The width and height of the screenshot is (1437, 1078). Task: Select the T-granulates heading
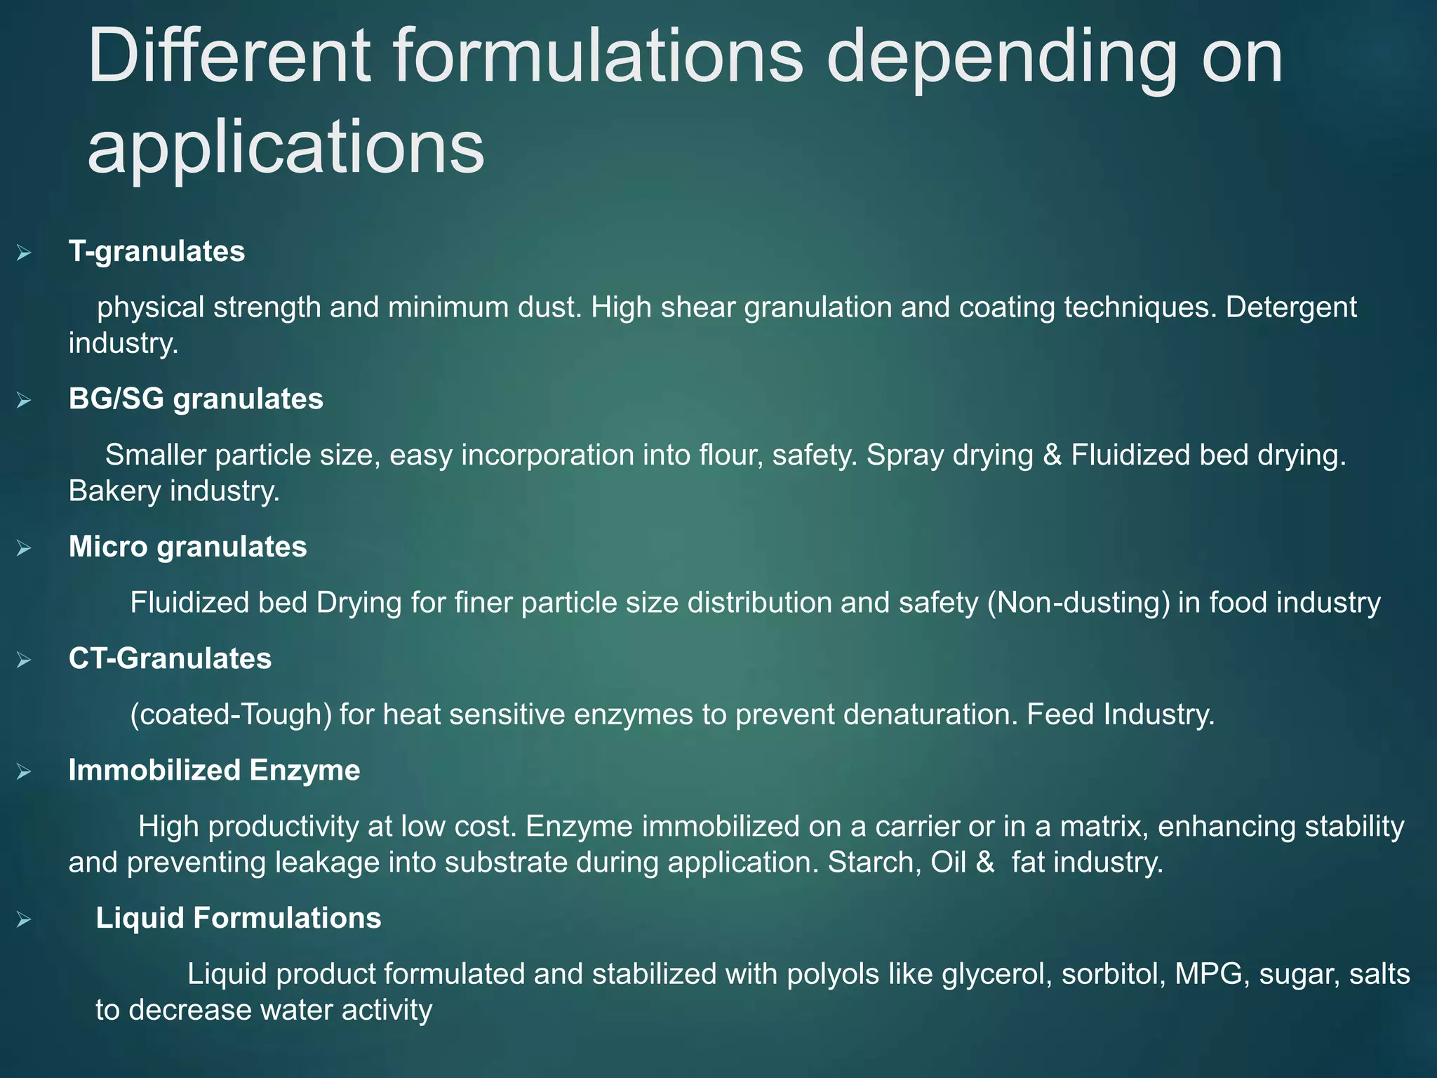click(x=156, y=251)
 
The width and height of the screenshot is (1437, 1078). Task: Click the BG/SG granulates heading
click(x=196, y=399)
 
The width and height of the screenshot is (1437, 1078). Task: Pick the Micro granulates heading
click(x=187, y=547)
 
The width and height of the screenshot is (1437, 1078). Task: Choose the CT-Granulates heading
click(x=170, y=658)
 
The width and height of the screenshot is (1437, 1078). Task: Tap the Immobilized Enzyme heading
click(x=214, y=770)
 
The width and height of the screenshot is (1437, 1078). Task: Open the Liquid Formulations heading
click(x=239, y=918)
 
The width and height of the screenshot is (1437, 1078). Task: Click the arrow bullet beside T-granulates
click(x=24, y=253)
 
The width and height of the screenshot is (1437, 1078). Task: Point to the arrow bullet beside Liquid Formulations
click(x=24, y=919)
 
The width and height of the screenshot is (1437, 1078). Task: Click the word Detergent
click(x=1291, y=307)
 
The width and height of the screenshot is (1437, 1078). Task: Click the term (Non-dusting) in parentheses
click(x=1078, y=603)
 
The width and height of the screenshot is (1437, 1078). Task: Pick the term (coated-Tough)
click(x=231, y=714)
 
